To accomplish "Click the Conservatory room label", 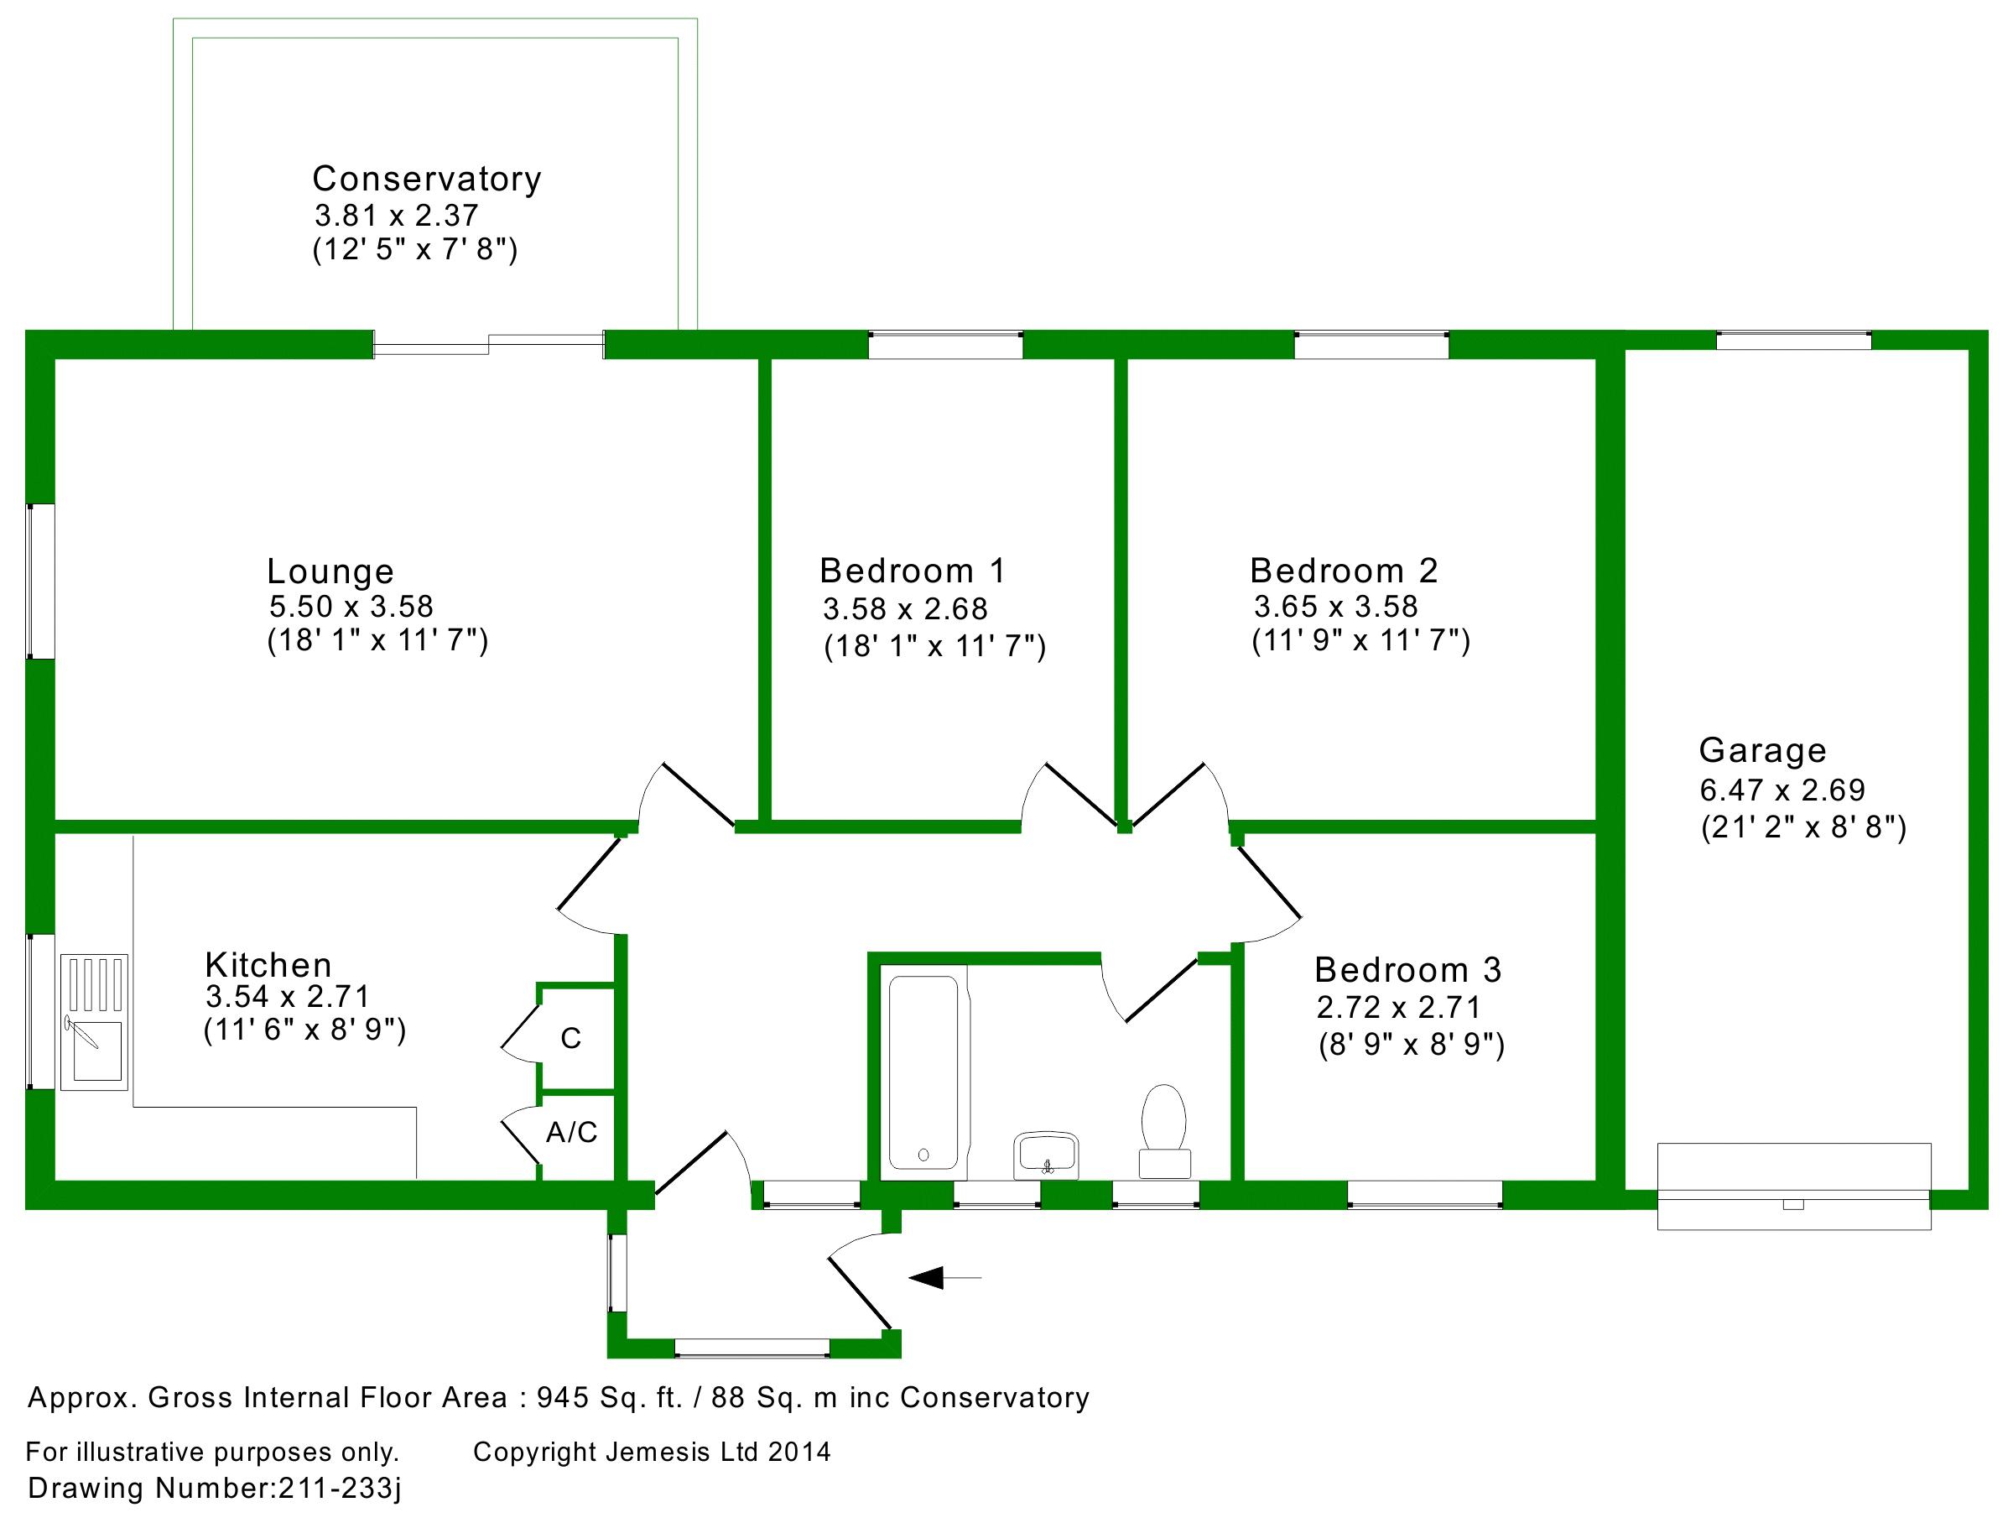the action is coord(426,180).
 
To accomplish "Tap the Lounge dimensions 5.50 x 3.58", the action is coord(351,607).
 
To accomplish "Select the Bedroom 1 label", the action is coord(912,571).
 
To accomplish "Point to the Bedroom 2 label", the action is coord(1343,571).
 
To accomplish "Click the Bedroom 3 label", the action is coord(1407,970).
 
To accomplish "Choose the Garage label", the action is coord(1762,750).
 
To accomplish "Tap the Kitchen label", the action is coord(268,964).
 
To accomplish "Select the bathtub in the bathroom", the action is coord(923,1072).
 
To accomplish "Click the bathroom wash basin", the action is coord(1046,1155).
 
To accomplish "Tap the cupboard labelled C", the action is coord(570,1038).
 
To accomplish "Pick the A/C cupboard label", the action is coord(571,1133).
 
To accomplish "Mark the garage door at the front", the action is coord(1792,1187).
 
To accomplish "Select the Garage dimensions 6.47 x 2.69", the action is coord(1782,790).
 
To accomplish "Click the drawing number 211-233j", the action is coord(339,1488).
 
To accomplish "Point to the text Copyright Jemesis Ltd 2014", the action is coord(652,1451).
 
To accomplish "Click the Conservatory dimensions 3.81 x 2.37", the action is coord(396,216).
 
